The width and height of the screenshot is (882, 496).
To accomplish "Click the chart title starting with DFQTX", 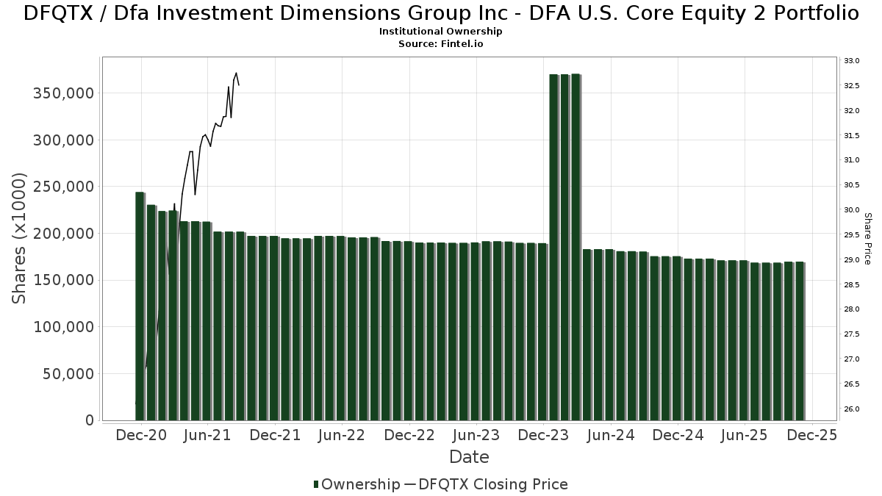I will [x=441, y=13].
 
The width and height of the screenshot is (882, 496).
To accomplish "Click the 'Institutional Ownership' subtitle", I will [x=441, y=32].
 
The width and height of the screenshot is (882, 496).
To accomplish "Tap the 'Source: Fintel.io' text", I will [x=441, y=43].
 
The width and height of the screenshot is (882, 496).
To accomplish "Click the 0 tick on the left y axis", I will [x=90, y=420].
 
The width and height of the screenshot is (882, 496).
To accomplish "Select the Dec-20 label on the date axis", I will [x=140, y=436].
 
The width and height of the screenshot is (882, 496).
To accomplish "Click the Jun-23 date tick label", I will [x=476, y=436].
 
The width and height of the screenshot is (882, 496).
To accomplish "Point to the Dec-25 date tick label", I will [x=811, y=436].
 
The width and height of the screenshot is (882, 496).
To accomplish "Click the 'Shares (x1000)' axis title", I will [x=20, y=239].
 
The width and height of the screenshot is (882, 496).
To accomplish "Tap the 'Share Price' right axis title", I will [x=868, y=239].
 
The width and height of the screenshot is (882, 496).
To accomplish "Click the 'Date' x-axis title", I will [x=469, y=458].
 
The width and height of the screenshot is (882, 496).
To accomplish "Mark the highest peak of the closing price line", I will [x=236, y=73].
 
